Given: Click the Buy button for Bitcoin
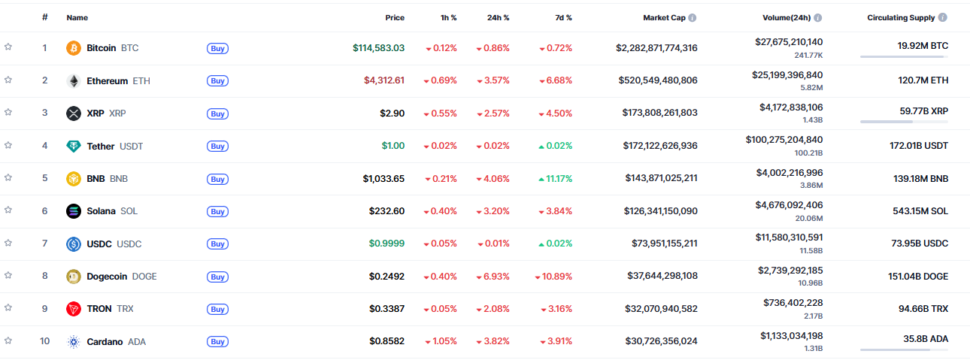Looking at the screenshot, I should (x=217, y=48).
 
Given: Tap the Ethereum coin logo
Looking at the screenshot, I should (x=74, y=80).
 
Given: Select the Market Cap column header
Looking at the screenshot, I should (x=664, y=17).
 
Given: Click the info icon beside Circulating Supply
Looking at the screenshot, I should (x=943, y=17).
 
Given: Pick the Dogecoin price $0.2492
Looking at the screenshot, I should (x=386, y=276).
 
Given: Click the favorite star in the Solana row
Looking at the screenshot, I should (x=8, y=210).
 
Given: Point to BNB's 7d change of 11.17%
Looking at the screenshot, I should (x=556, y=178).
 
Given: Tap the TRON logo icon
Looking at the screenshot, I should (x=74, y=309).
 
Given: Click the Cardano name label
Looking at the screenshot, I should (x=105, y=341).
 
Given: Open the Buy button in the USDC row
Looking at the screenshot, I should (x=217, y=244).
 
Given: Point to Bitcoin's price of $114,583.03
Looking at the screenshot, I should (x=378, y=48).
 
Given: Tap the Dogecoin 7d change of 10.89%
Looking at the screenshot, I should (x=553, y=276).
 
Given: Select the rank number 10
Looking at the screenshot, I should (x=44, y=341).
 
